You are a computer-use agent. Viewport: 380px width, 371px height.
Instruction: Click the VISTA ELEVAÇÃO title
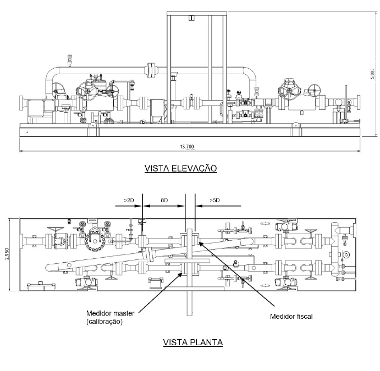[180, 168]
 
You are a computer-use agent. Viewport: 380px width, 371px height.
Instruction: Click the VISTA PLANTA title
[193, 342]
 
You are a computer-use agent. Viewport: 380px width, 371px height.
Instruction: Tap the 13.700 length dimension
[187, 147]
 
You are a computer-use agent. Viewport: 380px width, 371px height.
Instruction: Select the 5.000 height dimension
[372, 74]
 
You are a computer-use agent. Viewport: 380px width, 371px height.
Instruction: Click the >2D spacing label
[129, 200]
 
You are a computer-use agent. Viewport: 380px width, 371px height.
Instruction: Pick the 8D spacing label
[164, 200]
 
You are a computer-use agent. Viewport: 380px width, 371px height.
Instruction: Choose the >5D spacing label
[214, 200]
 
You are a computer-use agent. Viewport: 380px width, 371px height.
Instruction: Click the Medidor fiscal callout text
[291, 316]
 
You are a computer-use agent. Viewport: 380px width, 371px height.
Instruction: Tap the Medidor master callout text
[111, 313]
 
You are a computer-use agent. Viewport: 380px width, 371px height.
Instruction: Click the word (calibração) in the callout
[104, 322]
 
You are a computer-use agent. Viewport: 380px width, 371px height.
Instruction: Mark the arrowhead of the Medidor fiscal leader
[200, 242]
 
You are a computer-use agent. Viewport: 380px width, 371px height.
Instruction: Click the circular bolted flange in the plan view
[95, 241]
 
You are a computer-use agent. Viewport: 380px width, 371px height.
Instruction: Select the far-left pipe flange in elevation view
[21, 103]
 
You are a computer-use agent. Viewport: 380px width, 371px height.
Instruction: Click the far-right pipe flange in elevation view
[359, 102]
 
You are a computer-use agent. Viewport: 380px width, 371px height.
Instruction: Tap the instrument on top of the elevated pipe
[70, 60]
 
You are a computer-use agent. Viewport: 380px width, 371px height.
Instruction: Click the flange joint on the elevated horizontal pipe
[152, 70]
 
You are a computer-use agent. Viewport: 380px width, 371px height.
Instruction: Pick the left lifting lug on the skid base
[92, 125]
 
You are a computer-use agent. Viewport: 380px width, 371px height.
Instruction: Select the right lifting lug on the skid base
[295, 125]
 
